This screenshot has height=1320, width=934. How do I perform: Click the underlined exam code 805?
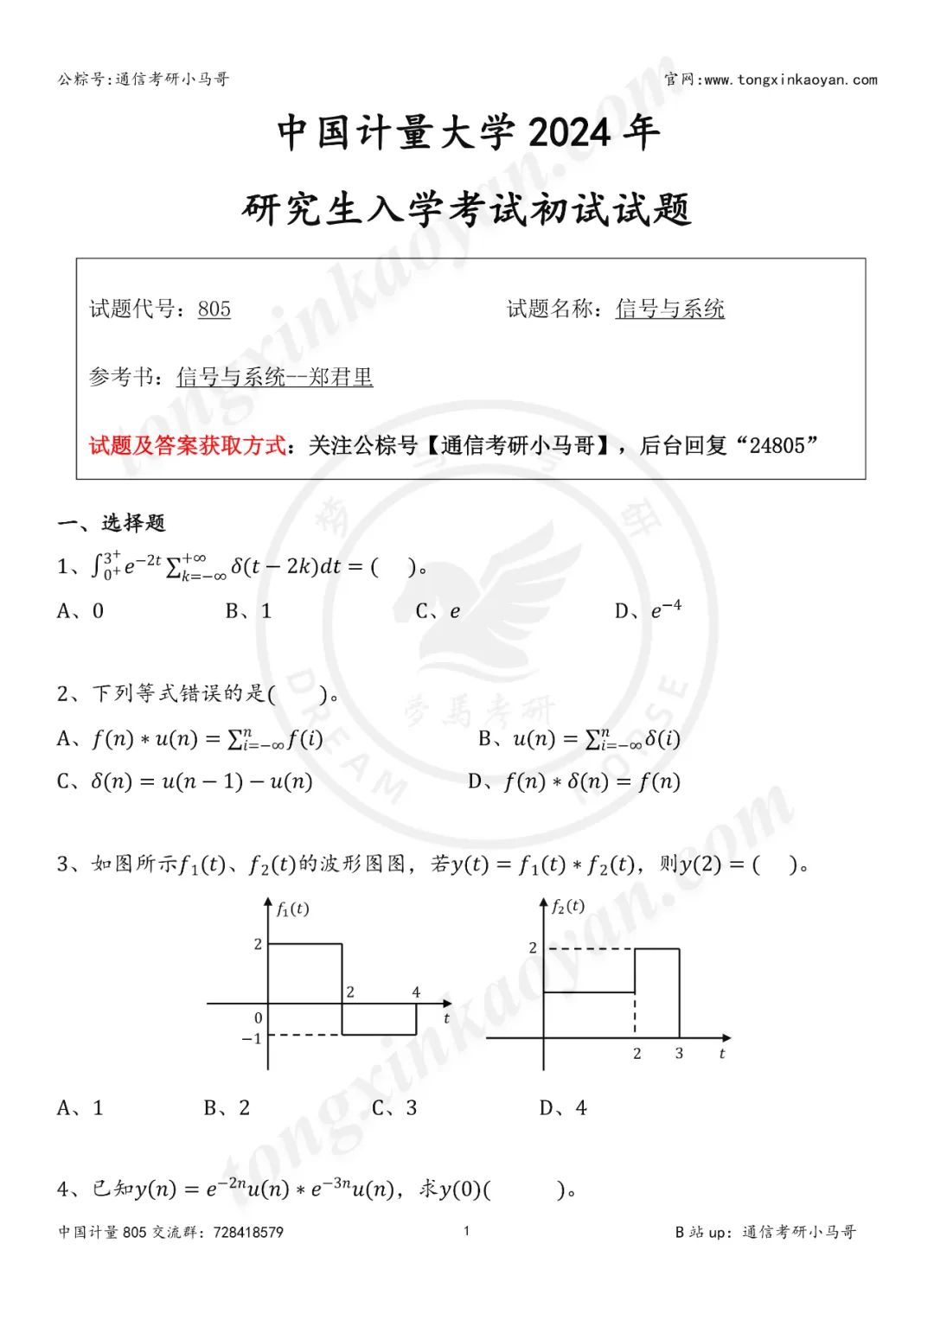(x=214, y=309)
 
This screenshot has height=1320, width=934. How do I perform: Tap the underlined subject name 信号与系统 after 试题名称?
(x=669, y=309)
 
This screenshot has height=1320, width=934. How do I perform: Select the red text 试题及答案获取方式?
(x=187, y=445)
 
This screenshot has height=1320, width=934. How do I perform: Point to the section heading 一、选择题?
(x=111, y=523)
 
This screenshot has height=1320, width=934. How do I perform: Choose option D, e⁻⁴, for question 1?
(x=648, y=610)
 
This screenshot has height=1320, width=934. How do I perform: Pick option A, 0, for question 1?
(x=80, y=611)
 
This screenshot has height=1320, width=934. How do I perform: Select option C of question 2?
(x=184, y=781)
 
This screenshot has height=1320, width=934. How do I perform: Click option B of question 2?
(x=579, y=739)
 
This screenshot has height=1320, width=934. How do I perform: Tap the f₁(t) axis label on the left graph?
(x=292, y=909)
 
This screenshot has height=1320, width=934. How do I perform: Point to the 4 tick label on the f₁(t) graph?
(x=416, y=992)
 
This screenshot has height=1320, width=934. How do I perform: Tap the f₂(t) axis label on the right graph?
(x=568, y=906)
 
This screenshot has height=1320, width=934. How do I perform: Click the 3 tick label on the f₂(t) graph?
(x=679, y=1053)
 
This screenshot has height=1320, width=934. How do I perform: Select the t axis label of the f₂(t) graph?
(x=722, y=1053)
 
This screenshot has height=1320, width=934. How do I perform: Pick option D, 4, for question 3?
(x=563, y=1107)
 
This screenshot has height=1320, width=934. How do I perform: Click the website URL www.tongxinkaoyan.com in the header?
(x=790, y=80)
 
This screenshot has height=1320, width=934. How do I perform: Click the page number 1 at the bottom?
(x=466, y=1231)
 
